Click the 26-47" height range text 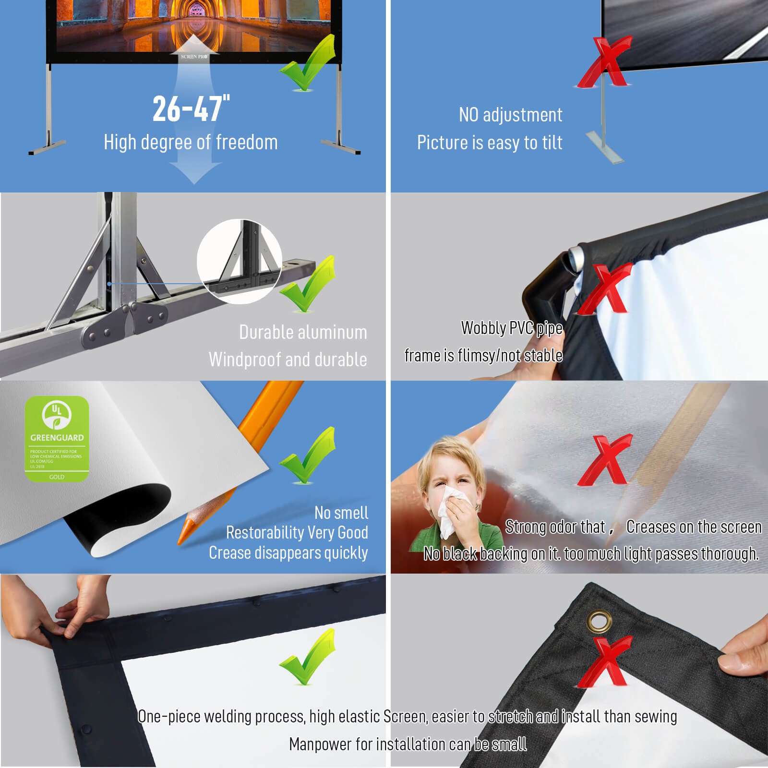(191, 108)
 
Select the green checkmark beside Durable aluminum (308, 284)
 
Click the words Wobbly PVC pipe (511, 328)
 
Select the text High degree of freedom (191, 143)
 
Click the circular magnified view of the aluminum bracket (239, 262)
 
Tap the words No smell (341, 513)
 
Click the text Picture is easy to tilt (489, 143)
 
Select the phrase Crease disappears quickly (288, 553)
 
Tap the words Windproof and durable (288, 360)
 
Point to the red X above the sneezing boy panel (605, 460)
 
